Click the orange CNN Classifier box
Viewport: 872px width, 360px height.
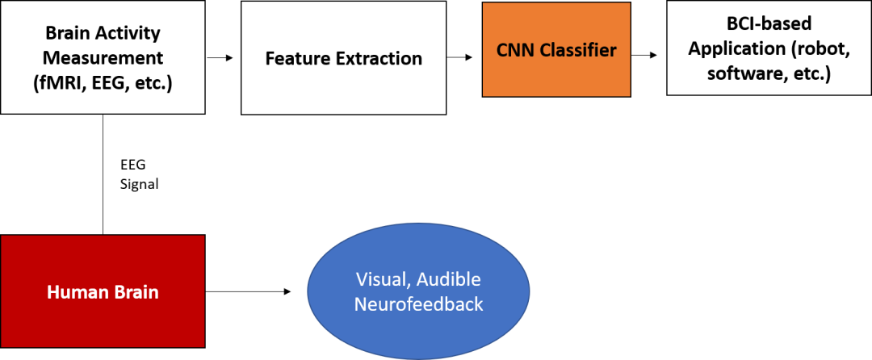(556, 50)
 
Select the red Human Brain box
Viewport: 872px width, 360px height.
(103, 292)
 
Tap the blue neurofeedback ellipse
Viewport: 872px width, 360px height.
(418, 292)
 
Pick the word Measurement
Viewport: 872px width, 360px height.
(103, 58)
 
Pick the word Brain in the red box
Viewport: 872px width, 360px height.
(136, 292)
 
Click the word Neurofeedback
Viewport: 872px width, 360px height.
(418, 304)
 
